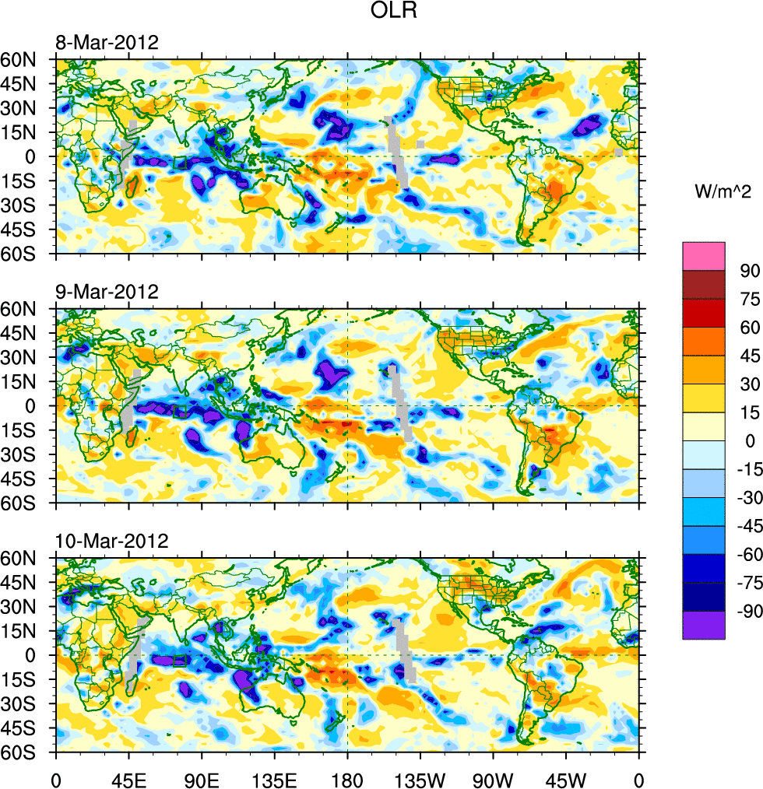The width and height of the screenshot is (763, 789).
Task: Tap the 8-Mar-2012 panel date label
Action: [106, 42]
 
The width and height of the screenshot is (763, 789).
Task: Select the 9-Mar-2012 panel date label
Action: [106, 292]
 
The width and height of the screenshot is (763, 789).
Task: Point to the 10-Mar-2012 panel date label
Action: [110, 542]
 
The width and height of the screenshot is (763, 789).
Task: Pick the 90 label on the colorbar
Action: [748, 271]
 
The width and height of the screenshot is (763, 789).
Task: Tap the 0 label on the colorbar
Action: [750, 440]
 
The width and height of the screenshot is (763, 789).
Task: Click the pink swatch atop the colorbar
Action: [704, 256]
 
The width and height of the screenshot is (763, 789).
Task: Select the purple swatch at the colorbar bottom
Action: [704, 625]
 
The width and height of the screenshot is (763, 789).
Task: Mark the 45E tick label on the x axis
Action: [128, 779]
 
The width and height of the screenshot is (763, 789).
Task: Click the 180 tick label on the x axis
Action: [347, 779]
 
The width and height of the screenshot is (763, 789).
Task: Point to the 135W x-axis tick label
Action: [420, 779]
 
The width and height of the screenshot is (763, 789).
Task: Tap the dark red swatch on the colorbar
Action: [704, 285]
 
